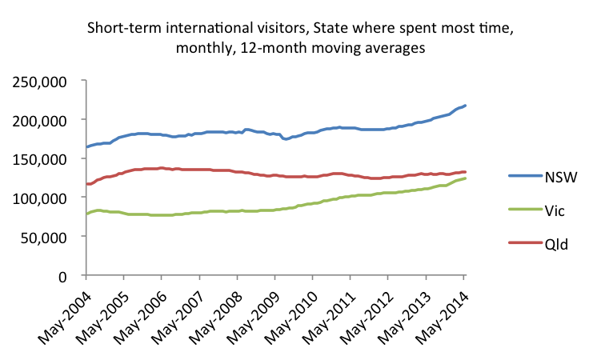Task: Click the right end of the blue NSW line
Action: [466, 106]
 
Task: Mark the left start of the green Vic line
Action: [86, 214]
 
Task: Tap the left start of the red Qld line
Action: [86, 184]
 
